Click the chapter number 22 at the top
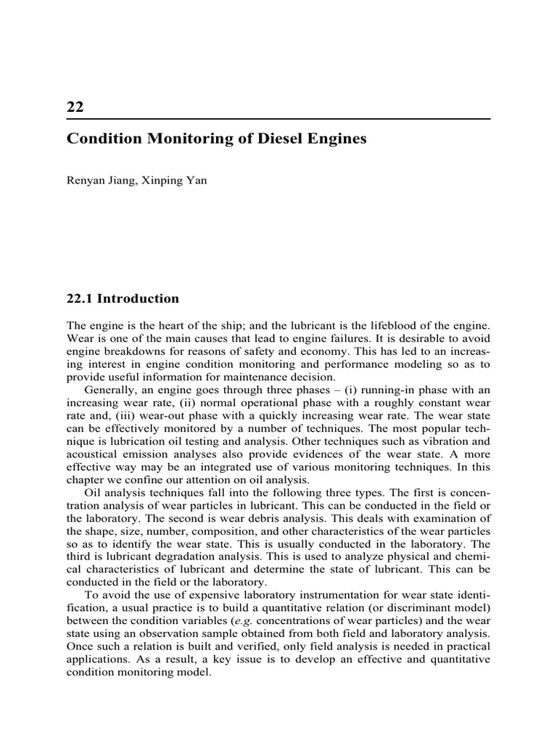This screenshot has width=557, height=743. [75, 107]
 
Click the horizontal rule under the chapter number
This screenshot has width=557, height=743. [278, 119]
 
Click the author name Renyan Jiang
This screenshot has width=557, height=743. [98, 181]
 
